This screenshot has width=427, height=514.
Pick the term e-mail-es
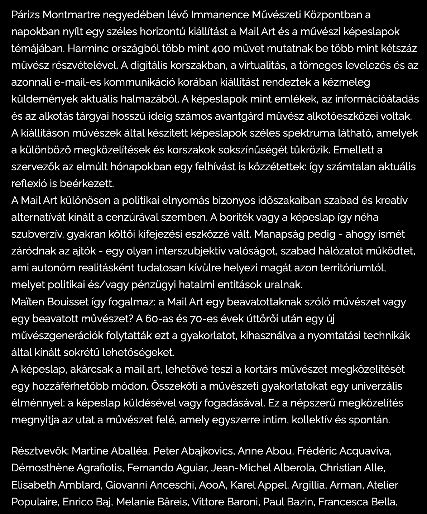[x=77, y=82]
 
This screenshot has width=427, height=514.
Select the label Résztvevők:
[x=40, y=451]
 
